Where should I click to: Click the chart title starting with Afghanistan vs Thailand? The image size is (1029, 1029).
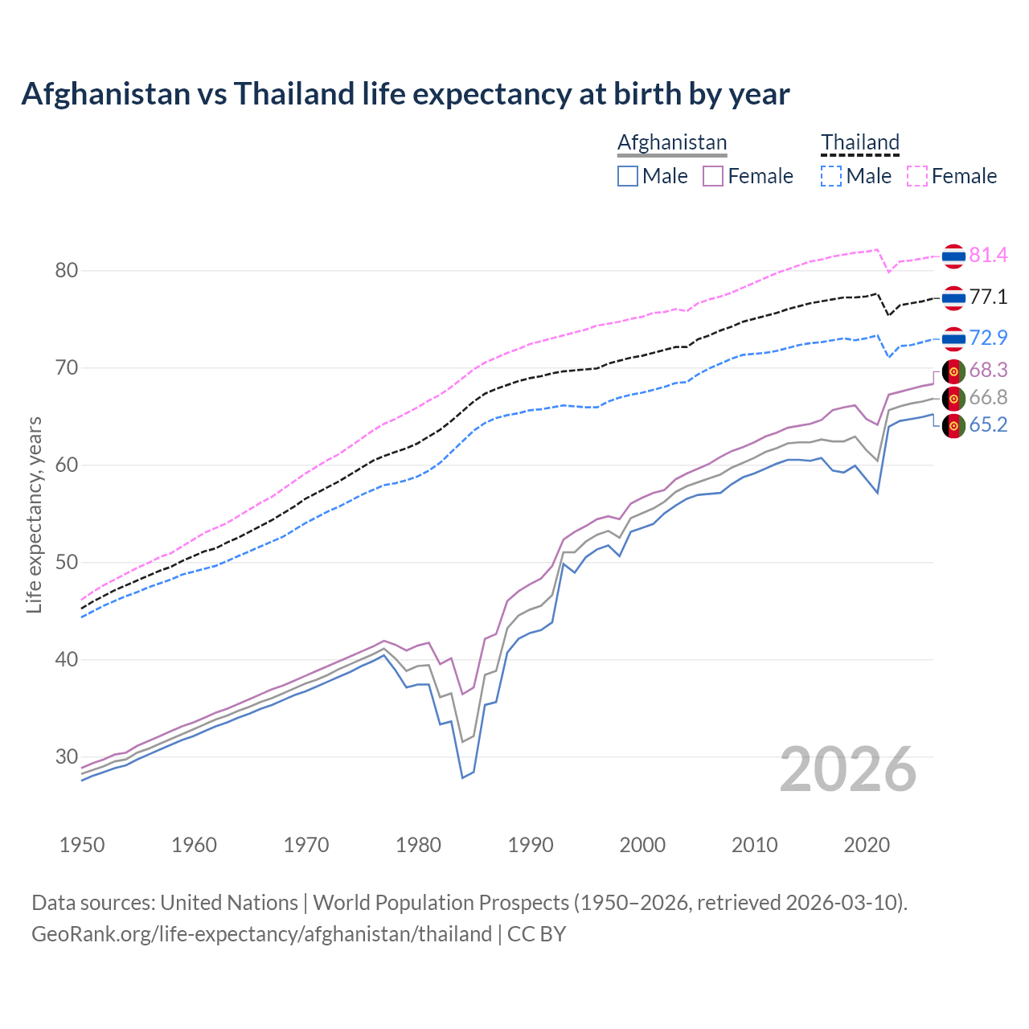click(405, 94)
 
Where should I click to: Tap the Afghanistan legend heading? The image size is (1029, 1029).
click(672, 142)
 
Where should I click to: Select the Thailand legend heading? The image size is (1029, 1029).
click(859, 142)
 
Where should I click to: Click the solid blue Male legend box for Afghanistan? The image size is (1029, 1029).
click(628, 176)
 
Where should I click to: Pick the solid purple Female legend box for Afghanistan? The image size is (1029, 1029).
click(713, 176)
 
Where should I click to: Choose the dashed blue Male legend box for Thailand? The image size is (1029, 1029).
click(831, 176)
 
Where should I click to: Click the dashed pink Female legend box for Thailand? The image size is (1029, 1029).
click(916, 176)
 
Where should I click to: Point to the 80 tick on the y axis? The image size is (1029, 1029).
click(67, 271)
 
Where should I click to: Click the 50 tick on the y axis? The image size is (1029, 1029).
click(67, 563)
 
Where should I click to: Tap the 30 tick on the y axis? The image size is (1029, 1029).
click(67, 757)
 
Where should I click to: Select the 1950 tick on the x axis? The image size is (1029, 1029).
click(82, 845)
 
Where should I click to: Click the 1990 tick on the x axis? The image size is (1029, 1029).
click(531, 845)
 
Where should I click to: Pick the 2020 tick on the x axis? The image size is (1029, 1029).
click(867, 845)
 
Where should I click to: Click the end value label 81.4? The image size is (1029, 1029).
click(988, 256)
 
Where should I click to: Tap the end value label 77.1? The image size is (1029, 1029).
click(988, 297)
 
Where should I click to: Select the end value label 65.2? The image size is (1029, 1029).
click(988, 425)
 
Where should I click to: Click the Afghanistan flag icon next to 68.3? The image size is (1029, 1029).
click(953, 371)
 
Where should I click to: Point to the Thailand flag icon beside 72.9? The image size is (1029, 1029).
click(953, 338)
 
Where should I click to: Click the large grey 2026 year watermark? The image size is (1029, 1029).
click(847, 769)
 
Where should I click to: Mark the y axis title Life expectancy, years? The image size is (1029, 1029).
click(34, 514)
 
